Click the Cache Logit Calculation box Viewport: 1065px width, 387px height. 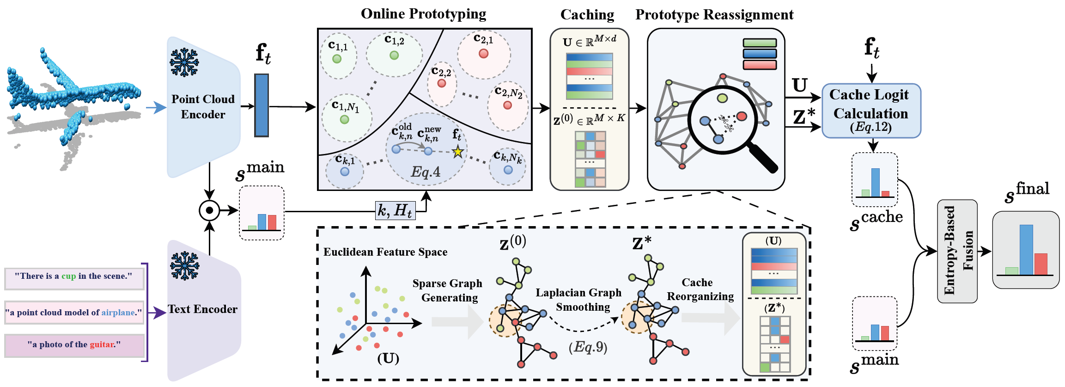click(x=871, y=111)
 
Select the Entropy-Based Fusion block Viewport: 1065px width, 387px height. click(x=957, y=251)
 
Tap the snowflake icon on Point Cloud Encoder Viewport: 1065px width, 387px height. click(x=184, y=62)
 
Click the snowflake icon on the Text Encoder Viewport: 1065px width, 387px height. click(x=184, y=266)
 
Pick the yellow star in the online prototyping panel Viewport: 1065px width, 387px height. click(x=457, y=152)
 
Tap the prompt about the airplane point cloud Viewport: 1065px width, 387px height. click(x=74, y=313)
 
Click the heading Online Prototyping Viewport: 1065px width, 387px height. click(x=423, y=14)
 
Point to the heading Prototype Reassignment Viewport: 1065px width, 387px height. click(x=714, y=15)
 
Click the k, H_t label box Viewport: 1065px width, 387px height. click(x=395, y=211)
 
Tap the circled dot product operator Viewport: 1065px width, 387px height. click(x=209, y=211)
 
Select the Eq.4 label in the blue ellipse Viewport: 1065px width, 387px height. click(x=426, y=172)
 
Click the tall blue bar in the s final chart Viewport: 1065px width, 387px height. click(x=1026, y=250)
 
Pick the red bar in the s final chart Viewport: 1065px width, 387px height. click(x=1041, y=264)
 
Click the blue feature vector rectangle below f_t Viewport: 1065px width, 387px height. click(x=262, y=105)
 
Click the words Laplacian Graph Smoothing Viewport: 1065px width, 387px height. click(x=578, y=300)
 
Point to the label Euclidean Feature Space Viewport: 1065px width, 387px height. click(x=385, y=252)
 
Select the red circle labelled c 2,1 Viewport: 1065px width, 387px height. click(x=483, y=54)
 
